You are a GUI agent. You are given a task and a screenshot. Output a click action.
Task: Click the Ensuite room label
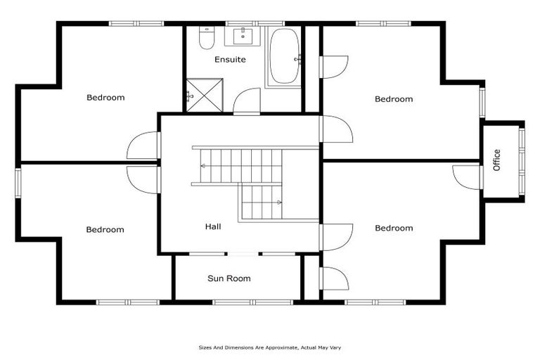pyautogui.click(x=230, y=60)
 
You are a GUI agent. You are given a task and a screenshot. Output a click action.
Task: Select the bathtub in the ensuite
pyautogui.click(x=284, y=56)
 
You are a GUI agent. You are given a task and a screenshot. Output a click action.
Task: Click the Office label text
pyautogui.click(x=497, y=160)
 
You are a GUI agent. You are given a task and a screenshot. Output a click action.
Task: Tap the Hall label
pyautogui.click(x=213, y=226)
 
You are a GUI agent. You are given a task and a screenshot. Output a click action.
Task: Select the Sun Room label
pyautogui.click(x=229, y=278)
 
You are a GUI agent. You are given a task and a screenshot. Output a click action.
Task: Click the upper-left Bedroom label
pyautogui.click(x=105, y=97)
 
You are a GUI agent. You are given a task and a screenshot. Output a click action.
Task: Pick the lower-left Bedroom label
pyautogui.click(x=105, y=229)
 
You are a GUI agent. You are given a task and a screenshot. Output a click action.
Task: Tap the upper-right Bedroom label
pyautogui.click(x=393, y=99)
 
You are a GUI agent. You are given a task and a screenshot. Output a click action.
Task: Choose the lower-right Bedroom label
pyautogui.click(x=393, y=228)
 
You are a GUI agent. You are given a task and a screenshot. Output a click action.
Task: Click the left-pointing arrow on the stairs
pyautogui.click(x=203, y=167)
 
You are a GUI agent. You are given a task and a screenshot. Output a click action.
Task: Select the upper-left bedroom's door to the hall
pyautogui.click(x=143, y=146)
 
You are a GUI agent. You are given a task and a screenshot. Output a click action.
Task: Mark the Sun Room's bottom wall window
pyautogui.click(x=243, y=302)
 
